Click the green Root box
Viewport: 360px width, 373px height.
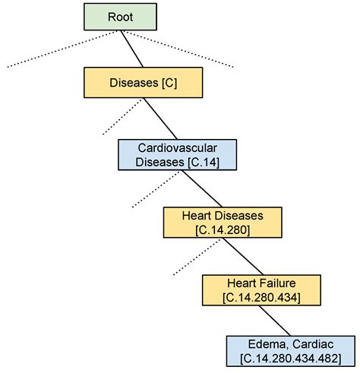click(x=120, y=17)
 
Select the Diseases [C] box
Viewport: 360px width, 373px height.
click(x=144, y=83)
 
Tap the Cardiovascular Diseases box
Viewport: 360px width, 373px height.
click(x=178, y=155)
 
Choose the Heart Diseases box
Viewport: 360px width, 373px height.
click(x=223, y=223)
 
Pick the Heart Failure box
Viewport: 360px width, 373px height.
click(x=261, y=290)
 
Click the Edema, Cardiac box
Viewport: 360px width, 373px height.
click(x=291, y=351)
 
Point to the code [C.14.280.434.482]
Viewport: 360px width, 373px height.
click(x=291, y=359)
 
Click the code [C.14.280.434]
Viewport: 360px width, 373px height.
click(x=261, y=298)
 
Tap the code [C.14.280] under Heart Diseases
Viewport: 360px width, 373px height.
click(x=223, y=230)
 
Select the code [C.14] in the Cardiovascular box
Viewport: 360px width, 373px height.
click(x=204, y=162)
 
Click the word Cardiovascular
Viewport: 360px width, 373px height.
click(x=178, y=148)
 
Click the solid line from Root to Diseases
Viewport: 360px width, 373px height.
click(x=132, y=49)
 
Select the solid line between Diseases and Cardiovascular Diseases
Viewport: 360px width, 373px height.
click(x=160, y=119)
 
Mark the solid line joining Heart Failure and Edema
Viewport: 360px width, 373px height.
click(x=275, y=321)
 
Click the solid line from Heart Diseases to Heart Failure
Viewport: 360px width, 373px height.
click(x=243, y=256)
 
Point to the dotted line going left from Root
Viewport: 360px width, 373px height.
click(x=62, y=49)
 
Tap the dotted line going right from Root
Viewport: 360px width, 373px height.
click(x=178, y=49)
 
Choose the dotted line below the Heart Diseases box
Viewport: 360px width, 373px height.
click(x=197, y=257)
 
